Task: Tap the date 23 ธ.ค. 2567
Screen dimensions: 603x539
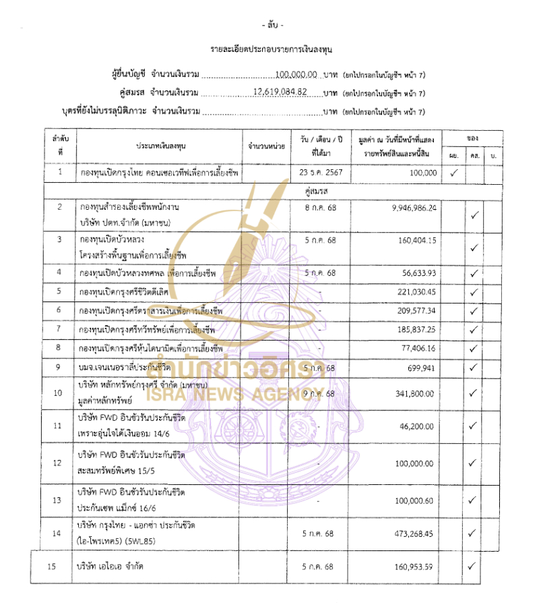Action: coord(320,173)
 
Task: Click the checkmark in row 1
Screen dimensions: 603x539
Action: coord(454,173)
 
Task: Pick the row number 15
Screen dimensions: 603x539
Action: coord(51,566)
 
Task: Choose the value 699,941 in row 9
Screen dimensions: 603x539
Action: coord(419,368)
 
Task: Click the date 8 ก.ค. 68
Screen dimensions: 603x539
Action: coord(320,207)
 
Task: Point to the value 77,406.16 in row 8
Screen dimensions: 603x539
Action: coord(416,348)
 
